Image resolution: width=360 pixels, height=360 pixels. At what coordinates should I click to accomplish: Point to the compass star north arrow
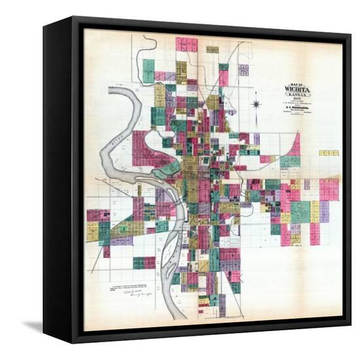tap(257, 104)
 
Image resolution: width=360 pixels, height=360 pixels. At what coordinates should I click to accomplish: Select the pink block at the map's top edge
tap(186, 44)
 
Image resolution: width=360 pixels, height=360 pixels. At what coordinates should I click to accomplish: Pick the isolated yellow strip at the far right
tap(329, 153)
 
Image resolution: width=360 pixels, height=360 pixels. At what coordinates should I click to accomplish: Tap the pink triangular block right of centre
tap(295, 145)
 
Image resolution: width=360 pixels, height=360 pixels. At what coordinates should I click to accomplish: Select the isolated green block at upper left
tap(149, 71)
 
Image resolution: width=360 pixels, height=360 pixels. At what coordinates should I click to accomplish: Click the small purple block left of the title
tap(243, 70)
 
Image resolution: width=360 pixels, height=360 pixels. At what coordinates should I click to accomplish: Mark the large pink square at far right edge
tap(329, 189)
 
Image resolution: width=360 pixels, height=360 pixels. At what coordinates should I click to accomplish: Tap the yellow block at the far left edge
tap(92, 231)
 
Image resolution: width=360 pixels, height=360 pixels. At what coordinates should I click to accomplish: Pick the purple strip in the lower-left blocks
tap(121, 241)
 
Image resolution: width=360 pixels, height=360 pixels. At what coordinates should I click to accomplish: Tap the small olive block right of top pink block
tap(211, 49)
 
